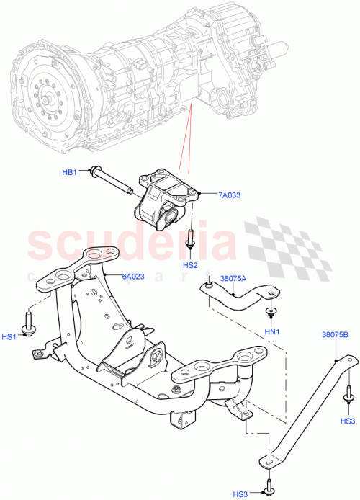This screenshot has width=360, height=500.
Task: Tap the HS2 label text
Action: [190, 264]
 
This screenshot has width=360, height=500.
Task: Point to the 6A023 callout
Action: [135, 275]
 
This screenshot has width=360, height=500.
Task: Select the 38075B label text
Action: [336, 335]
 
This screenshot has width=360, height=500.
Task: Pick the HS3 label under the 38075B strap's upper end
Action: [348, 421]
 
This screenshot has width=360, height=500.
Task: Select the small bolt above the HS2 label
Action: [190, 241]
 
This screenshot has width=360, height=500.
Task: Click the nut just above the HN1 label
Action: [271, 312]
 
